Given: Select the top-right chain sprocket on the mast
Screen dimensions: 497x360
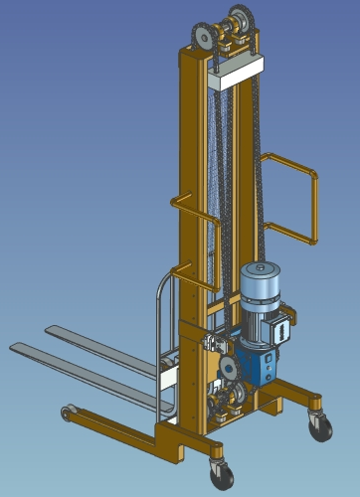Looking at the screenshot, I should coord(241,20).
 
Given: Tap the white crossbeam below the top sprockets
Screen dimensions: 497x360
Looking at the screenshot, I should coord(238,68).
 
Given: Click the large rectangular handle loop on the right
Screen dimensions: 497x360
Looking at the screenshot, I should coord(290,197).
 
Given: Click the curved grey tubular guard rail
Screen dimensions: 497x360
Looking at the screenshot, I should coord(164,318).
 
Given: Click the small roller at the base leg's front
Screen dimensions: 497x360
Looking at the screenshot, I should coord(68,411).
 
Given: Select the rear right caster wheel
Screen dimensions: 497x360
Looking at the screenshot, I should coord(321,427).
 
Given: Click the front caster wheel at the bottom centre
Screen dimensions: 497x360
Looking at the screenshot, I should coord(219,475).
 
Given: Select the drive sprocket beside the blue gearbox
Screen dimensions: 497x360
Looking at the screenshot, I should coord(230,369).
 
